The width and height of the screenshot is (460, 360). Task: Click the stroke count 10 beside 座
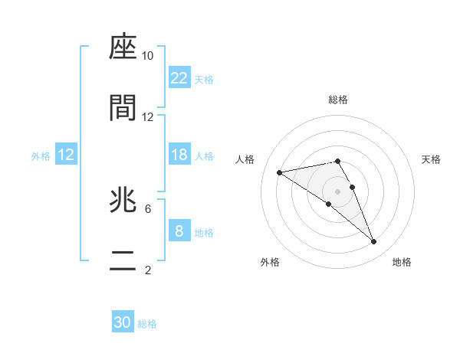click(x=148, y=56)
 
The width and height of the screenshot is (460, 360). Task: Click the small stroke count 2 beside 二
click(x=148, y=270)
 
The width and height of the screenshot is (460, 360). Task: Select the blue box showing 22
click(x=179, y=78)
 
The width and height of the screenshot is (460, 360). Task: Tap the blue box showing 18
click(x=179, y=155)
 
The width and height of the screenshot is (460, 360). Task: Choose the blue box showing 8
click(x=179, y=231)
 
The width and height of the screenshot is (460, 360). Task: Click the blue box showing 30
click(x=123, y=322)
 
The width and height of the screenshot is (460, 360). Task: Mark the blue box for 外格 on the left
click(x=66, y=155)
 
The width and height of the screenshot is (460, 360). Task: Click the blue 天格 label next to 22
click(x=204, y=79)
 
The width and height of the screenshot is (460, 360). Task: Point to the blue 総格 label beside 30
click(x=147, y=324)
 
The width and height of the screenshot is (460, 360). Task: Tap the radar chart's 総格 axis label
click(x=338, y=100)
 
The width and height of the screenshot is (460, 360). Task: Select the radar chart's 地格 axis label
click(x=402, y=263)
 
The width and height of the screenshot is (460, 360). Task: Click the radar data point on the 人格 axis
click(x=280, y=172)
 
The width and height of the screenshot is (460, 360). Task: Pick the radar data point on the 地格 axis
click(x=373, y=242)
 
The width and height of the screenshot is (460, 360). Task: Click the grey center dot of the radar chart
click(x=338, y=191)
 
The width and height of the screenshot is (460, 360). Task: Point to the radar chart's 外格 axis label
click(x=270, y=263)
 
